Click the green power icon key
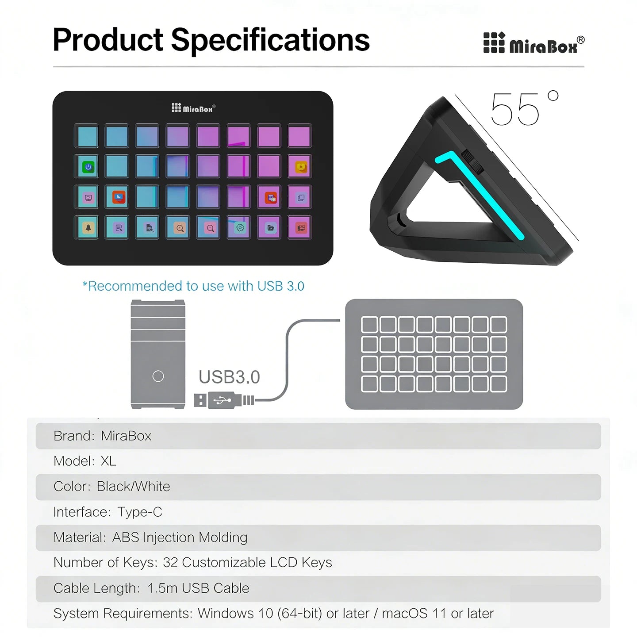tap(88, 167)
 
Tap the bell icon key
tap(88, 228)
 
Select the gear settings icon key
tap(240, 228)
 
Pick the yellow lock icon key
tap(301, 167)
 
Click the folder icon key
tap(270, 228)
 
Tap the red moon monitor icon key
tap(119, 197)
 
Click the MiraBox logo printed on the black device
tap(193, 108)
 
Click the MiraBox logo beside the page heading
tap(533, 44)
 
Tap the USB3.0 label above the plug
tap(229, 377)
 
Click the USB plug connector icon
tap(224, 400)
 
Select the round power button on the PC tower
tap(158, 376)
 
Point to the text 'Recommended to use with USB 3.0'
tap(193, 286)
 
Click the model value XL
tap(108, 461)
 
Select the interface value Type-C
tap(140, 512)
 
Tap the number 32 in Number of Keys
tap(170, 562)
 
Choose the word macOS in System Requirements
tap(404, 614)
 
